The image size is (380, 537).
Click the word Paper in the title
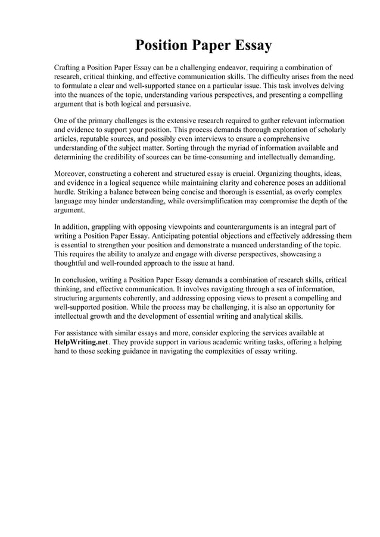click(207, 45)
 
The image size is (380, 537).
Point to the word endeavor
click(253, 68)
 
